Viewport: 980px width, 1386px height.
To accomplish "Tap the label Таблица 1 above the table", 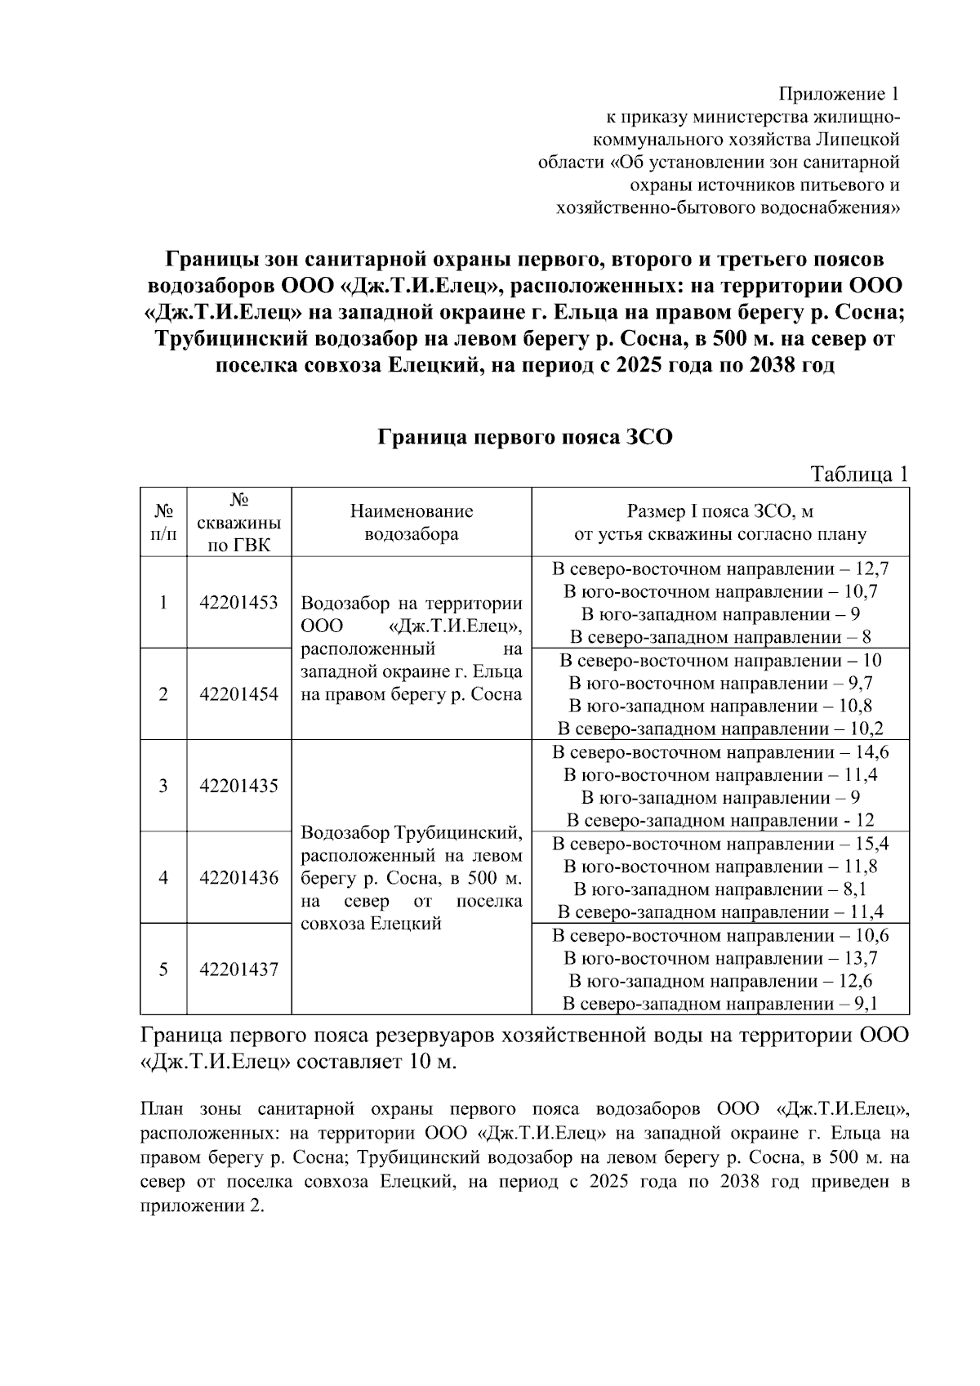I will [x=858, y=475].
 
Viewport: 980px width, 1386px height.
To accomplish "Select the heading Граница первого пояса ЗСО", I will [x=524, y=437].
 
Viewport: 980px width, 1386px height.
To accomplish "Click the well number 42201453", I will [x=238, y=603].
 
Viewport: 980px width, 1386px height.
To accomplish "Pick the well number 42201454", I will [x=238, y=694].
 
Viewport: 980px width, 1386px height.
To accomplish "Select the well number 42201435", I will [x=238, y=786].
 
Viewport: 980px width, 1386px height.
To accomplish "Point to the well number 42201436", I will [x=238, y=878].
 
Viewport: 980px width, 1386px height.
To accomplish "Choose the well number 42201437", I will [x=238, y=969].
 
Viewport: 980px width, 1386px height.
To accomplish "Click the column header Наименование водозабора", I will [x=412, y=523].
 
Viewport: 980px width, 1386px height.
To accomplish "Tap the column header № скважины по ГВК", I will [x=239, y=523].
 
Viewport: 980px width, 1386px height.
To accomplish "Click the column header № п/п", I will [x=164, y=523].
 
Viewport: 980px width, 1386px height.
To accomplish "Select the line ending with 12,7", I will [x=720, y=569].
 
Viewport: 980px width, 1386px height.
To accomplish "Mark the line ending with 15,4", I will [x=720, y=845].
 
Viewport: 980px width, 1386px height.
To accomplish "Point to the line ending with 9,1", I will [x=720, y=1004].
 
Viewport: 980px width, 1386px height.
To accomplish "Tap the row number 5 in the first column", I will [x=163, y=969].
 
